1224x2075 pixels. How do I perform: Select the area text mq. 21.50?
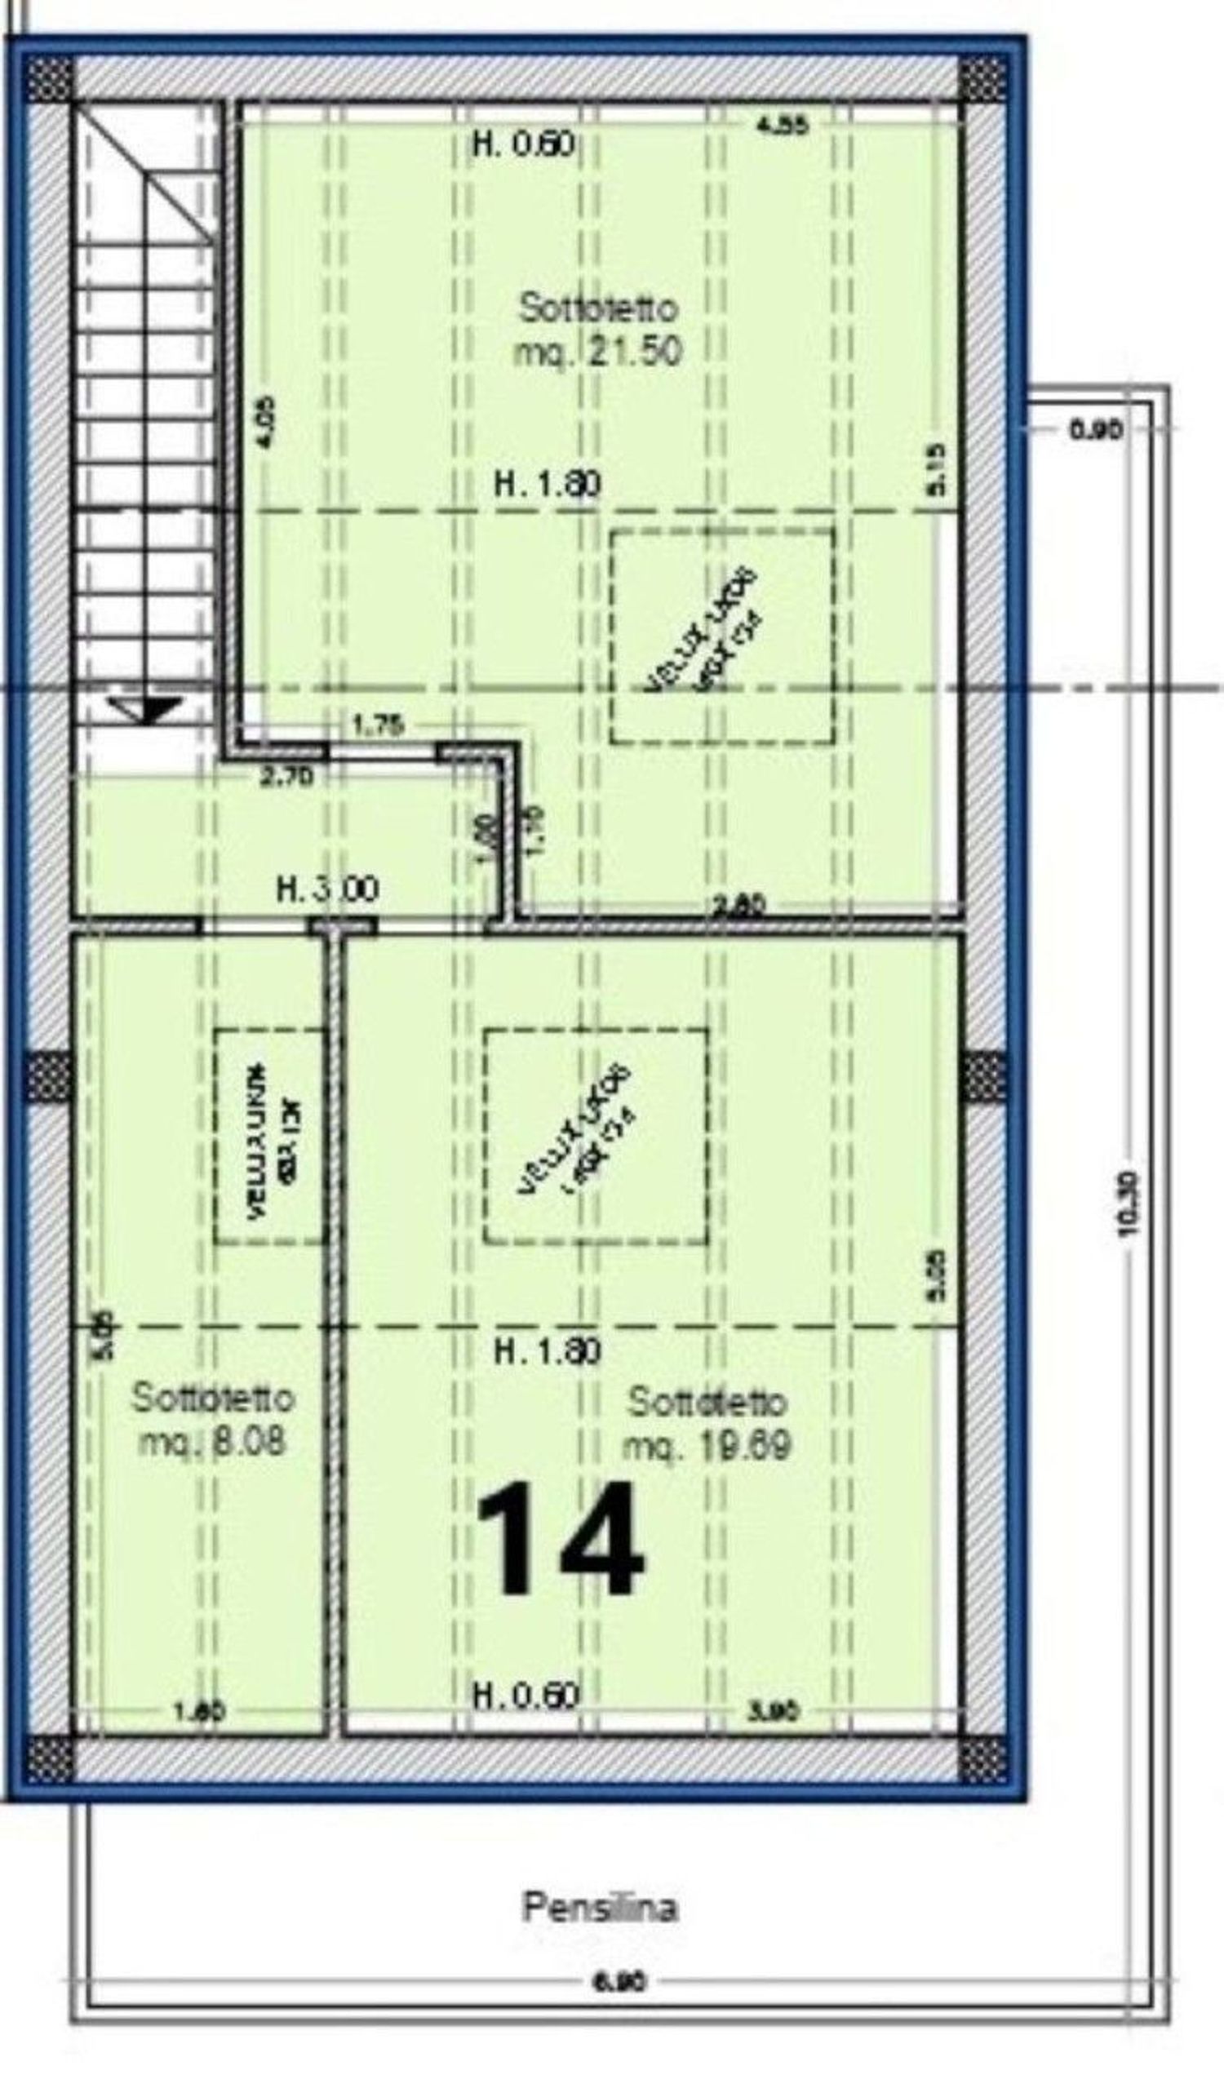click(599, 352)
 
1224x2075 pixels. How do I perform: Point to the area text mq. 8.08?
click(213, 1443)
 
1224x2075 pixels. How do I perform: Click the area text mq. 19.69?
click(707, 1445)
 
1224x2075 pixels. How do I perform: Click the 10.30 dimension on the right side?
click(1129, 1204)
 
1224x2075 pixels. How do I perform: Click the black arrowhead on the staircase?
click(148, 707)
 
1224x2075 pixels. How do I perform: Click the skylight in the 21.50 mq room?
click(721, 636)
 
